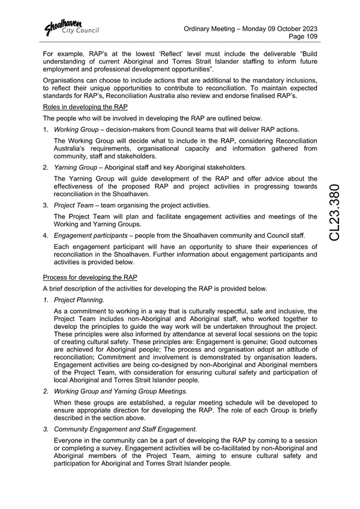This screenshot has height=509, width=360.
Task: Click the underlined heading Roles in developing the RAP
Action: (85, 107)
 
